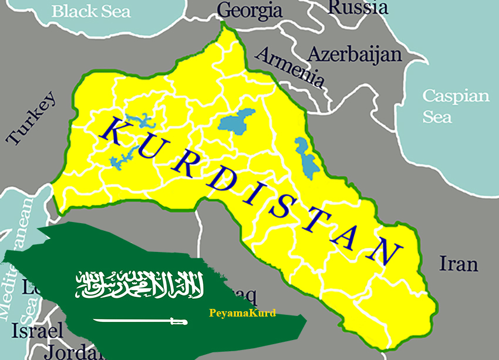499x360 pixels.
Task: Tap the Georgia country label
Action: coord(249,10)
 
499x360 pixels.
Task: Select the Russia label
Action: coord(358,7)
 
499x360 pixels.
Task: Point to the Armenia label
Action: coord(290,66)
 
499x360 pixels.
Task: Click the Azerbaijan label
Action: coord(355,55)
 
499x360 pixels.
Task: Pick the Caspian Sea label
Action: coord(456,106)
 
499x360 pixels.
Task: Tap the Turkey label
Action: coord(31,117)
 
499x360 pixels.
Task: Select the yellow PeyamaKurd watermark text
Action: coord(242,313)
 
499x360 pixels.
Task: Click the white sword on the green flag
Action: coord(140,321)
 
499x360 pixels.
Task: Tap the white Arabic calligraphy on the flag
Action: coord(140,284)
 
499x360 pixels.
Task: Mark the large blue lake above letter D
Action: coord(238,122)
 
